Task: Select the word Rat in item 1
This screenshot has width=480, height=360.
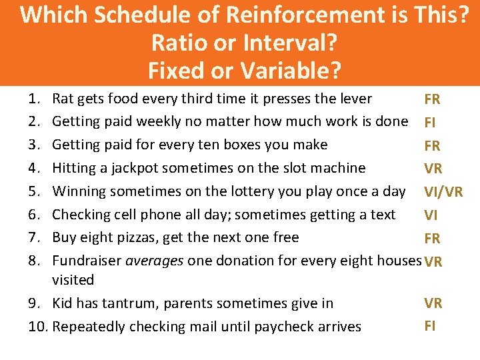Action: [x=63, y=99]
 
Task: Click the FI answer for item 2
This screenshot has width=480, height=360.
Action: [x=430, y=123]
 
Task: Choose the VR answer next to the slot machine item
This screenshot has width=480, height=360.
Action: [x=433, y=169]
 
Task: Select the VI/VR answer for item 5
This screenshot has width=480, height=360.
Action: [x=443, y=192]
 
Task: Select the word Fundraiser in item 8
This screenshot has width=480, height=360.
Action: [x=85, y=261]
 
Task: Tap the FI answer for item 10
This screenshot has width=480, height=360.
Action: [x=430, y=326]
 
